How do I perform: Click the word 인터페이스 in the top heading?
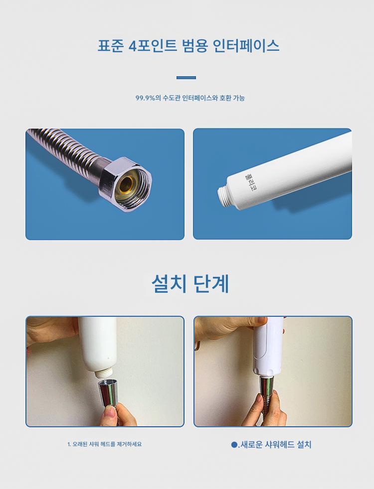(246, 46)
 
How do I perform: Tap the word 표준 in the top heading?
(111, 46)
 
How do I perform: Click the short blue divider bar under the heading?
(186, 78)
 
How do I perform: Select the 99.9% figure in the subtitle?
(145, 98)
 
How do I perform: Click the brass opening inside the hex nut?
(127, 185)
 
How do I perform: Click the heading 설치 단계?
(190, 284)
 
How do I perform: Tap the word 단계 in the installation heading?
(211, 284)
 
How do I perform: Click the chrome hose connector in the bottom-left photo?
(108, 393)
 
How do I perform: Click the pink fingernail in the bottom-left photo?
(110, 412)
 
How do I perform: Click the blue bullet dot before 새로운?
(234, 445)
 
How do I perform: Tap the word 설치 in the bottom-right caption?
(304, 444)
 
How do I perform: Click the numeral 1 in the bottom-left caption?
(69, 444)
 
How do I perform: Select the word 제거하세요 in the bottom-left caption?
(129, 444)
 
